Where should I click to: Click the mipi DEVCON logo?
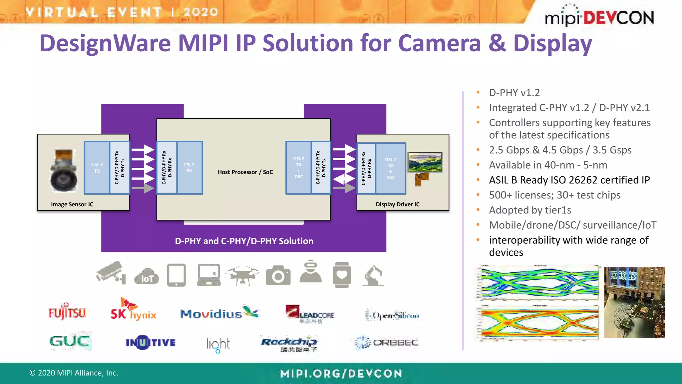599,17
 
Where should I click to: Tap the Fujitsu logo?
67,312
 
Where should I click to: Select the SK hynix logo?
133,310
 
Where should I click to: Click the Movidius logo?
219,313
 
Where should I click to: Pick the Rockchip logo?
289,344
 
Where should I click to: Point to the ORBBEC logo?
386,343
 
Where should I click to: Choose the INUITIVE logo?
151,343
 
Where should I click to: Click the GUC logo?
70,341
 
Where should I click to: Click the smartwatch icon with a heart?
342,275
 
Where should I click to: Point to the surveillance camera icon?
111,273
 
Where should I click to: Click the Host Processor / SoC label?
245,172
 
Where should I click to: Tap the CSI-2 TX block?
97,168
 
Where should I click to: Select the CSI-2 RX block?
189,168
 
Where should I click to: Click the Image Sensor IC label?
72,204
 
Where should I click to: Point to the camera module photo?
64,171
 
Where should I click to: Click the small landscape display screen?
425,162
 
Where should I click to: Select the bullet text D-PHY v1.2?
514,93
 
